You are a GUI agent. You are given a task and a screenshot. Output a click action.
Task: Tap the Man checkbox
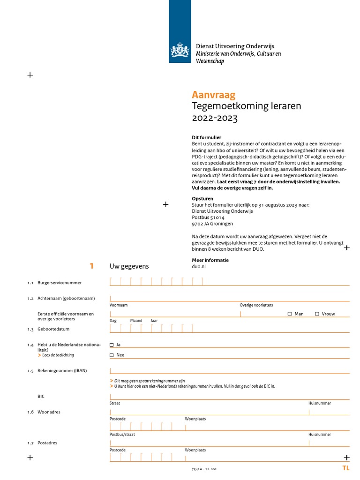290,314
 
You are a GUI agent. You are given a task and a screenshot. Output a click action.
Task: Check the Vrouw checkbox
317,314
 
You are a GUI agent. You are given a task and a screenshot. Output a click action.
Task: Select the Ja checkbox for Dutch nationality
112,345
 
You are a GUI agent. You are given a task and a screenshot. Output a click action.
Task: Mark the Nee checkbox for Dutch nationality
112,355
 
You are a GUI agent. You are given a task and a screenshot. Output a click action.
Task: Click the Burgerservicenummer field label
60,283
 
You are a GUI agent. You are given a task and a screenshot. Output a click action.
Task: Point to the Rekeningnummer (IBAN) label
62,371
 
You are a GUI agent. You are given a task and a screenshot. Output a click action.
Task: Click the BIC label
41,397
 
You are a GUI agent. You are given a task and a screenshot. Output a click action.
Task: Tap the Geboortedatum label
53,329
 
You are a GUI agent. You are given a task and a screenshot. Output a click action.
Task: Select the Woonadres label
49,412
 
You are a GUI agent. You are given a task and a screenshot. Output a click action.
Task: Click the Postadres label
47,443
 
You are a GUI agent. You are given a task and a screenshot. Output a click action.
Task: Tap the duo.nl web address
199,266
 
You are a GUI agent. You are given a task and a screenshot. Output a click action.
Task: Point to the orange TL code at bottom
345,468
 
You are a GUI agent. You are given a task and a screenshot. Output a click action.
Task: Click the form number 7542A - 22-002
204,469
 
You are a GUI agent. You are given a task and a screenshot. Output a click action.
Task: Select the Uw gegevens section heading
129,266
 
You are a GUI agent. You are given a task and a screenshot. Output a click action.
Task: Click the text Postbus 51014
208,217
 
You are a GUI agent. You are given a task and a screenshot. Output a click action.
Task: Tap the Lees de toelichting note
58,355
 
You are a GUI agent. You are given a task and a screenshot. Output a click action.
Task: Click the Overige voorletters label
256,305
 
